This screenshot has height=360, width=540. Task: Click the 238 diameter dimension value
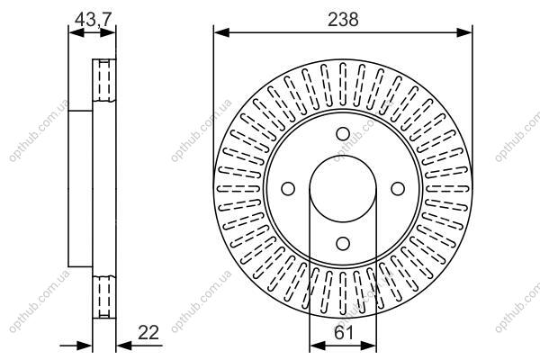coord(343,20)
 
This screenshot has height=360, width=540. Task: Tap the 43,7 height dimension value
coord(93,19)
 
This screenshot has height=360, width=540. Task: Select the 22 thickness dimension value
coord(148,332)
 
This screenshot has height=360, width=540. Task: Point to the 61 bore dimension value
coord(344,333)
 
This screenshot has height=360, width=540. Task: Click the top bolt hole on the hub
coord(343,134)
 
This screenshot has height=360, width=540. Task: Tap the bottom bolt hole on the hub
coord(343,244)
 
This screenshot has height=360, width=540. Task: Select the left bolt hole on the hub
coord(288,188)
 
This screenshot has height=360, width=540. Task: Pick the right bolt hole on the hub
coord(398,188)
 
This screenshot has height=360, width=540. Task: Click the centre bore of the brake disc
coord(343,189)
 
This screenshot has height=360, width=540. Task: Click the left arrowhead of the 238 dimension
coord(221,32)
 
